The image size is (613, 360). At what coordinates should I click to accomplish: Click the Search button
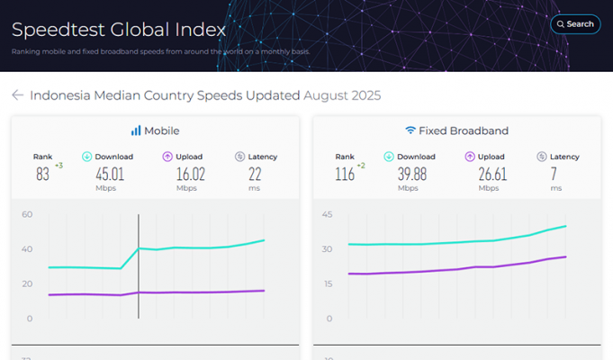coord(575,24)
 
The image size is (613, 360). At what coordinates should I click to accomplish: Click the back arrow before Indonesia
coord(17,95)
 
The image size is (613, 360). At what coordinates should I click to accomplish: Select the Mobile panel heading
coord(155,130)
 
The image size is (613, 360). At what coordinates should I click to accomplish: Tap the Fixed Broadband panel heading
coord(456,130)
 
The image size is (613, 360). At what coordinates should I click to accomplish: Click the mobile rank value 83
coord(42,174)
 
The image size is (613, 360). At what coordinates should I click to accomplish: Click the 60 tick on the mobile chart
coord(28,214)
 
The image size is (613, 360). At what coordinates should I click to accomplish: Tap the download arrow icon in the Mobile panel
coord(86,157)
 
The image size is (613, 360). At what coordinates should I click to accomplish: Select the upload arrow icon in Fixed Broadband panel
coord(470,157)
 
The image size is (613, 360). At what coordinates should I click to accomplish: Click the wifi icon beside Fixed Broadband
coord(410,130)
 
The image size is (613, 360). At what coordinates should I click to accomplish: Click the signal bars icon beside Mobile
coord(136,130)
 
